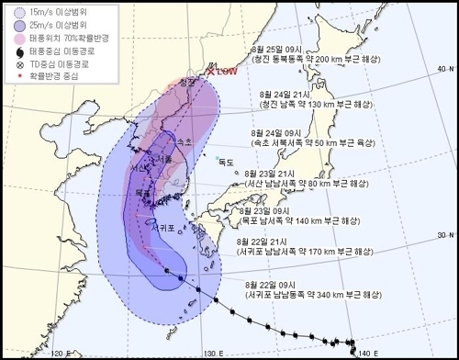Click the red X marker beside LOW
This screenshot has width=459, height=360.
(210, 70)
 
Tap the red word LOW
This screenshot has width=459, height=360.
(226, 71)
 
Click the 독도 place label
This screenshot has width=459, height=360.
(226, 163)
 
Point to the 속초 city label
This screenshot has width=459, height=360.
(184, 141)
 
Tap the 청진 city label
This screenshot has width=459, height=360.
(188, 82)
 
